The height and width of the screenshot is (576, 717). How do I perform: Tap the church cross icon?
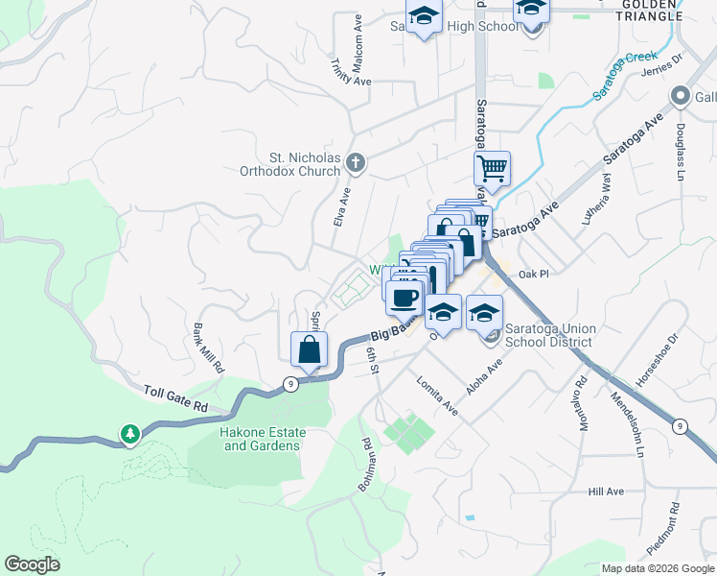(356, 163)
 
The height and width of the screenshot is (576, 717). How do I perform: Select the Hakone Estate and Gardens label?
(246, 439)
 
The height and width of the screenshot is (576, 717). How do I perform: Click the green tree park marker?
(130, 434)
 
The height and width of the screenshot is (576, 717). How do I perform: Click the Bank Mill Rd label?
(208, 348)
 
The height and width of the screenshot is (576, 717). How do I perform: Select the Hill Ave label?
(606, 492)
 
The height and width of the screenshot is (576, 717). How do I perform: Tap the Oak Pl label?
(532, 274)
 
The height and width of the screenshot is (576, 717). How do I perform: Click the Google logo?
(32, 564)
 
